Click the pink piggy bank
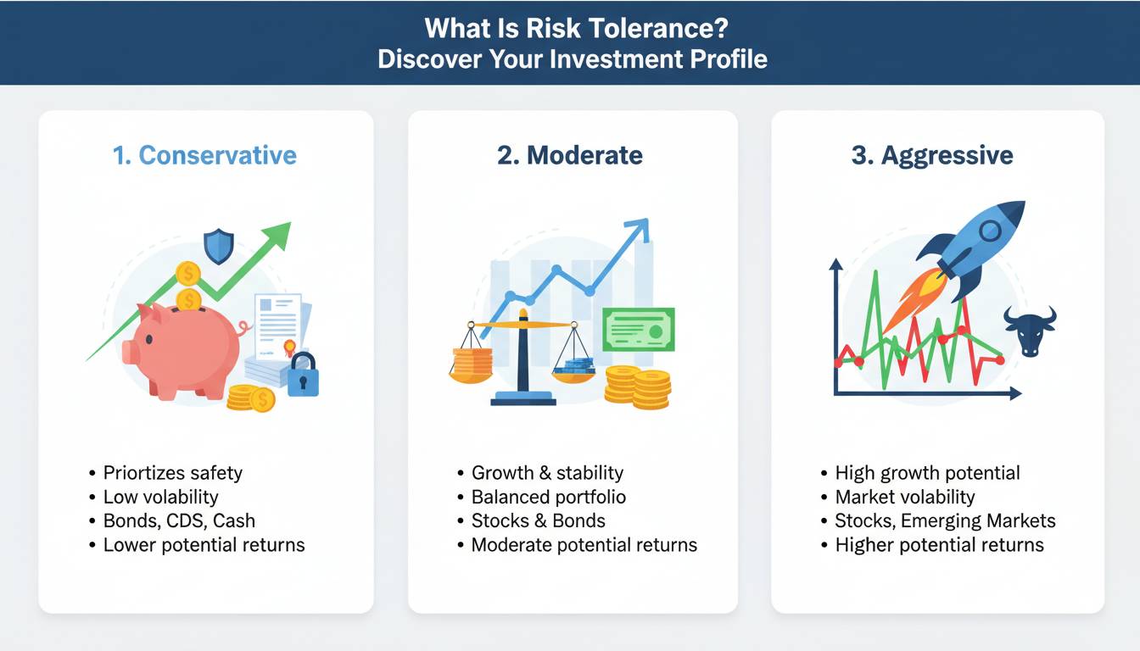[183, 351]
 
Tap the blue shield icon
[219, 246]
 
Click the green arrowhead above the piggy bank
[278, 236]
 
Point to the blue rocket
[972, 248]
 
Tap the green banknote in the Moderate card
[639, 330]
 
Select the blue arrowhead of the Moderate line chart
[638, 229]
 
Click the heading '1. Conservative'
[204, 155]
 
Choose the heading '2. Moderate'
[570, 155]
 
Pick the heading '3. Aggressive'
[932, 156]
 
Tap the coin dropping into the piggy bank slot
[188, 299]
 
